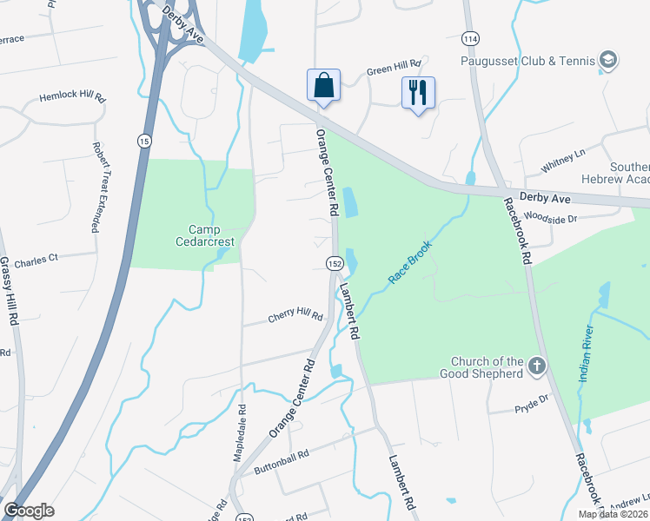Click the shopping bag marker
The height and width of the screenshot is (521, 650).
point(322,86)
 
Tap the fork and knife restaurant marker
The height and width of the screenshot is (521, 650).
point(418,92)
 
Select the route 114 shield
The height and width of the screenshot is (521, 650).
point(470,40)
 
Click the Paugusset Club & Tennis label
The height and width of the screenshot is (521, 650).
point(527,61)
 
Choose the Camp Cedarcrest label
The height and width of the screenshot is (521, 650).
point(202,236)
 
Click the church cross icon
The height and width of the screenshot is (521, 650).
point(536,366)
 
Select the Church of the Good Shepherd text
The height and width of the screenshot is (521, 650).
point(487,367)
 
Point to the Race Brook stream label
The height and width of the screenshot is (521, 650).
point(410,260)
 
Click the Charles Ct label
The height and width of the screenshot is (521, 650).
point(36,259)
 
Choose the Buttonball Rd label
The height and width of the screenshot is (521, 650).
point(281,462)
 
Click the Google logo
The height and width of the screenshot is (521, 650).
point(29,511)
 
